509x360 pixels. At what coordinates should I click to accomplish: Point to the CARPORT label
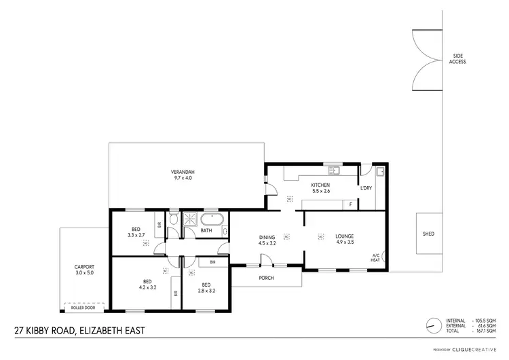(x=85, y=270)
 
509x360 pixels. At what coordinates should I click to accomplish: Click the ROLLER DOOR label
(x=83, y=308)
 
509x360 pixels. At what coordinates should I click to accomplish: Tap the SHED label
(x=428, y=234)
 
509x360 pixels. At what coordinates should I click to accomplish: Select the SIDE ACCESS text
(x=457, y=59)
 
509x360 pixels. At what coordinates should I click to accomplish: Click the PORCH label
(x=267, y=277)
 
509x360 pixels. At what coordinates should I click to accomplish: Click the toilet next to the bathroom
(x=174, y=219)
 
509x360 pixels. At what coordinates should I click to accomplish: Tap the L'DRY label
(x=366, y=187)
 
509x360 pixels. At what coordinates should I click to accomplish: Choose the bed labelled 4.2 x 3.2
(x=147, y=284)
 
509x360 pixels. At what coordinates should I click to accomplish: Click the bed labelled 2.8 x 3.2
(x=206, y=288)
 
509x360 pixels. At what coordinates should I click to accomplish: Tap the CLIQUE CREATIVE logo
(x=478, y=350)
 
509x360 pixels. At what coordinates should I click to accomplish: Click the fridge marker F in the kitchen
(x=350, y=204)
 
